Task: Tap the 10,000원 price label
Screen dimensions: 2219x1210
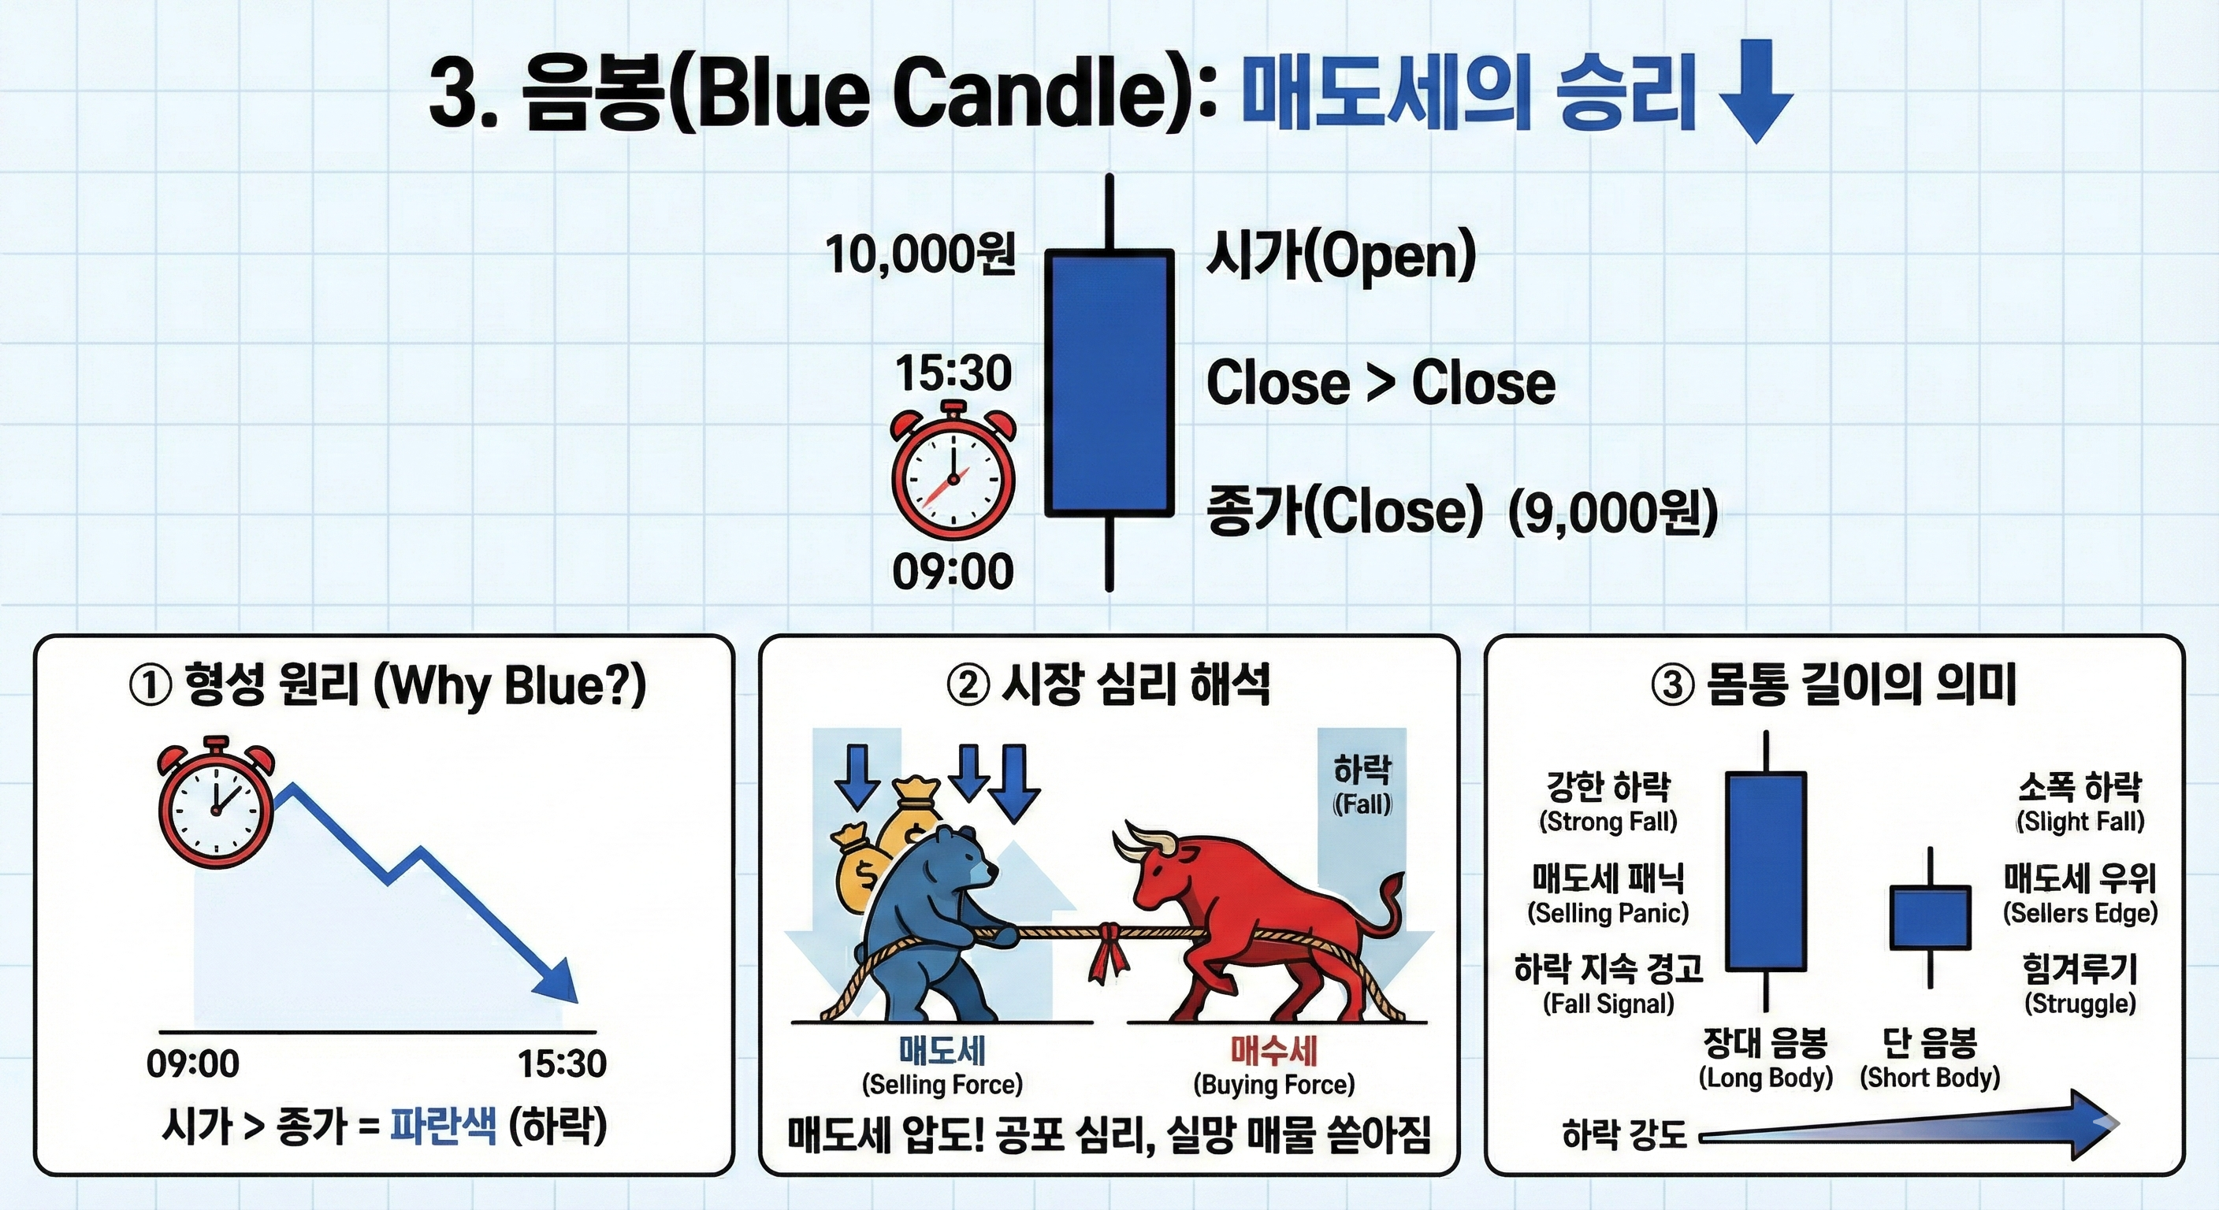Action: click(x=920, y=254)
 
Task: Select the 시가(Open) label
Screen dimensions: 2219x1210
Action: click(x=1340, y=256)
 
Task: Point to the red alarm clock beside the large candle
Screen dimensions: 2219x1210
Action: click(x=953, y=470)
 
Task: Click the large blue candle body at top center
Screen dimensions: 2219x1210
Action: click(x=1109, y=383)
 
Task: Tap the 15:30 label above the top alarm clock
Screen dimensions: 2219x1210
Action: click(x=953, y=373)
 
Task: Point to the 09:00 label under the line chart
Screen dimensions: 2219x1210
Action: click(x=193, y=1063)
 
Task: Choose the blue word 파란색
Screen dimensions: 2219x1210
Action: click(x=444, y=1126)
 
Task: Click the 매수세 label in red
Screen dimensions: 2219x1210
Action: click(x=1274, y=1050)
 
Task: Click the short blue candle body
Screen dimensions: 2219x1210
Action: click(x=1931, y=917)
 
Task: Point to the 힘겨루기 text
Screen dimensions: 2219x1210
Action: click(x=2080, y=970)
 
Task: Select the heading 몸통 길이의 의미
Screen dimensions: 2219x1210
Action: click(x=1861, y=685)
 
